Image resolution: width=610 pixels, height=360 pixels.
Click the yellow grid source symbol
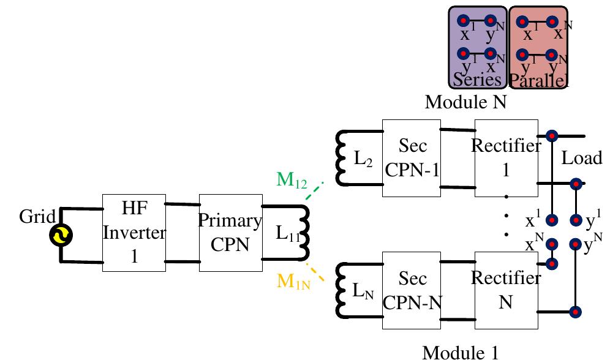tap(62, 235)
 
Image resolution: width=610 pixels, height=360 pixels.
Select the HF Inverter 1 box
tap(134, 233)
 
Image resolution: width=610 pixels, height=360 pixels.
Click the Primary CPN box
tap(230, 233)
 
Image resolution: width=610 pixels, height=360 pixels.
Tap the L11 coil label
tap(283, 234)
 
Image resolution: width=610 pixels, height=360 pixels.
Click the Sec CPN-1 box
tap(412, 158)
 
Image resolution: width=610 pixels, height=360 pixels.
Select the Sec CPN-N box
tap(412, 290)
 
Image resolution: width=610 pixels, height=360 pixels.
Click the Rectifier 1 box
tap(506, 158)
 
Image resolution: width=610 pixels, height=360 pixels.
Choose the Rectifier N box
tap(506, 290)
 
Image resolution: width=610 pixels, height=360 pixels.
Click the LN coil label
tap(362, 291)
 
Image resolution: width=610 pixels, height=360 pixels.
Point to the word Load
tap(581, 158)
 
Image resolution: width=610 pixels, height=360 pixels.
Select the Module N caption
tap(465, 102)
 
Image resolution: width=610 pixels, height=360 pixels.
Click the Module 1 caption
tap(461, 351)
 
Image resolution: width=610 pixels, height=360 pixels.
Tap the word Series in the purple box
tap(477, 80)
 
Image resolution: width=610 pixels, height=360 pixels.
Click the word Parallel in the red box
tap(538, 80)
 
